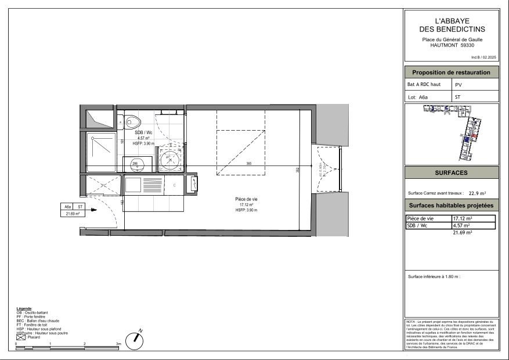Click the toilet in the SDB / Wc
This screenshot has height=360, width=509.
pos(133,122)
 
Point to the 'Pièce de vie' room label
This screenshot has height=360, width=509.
pos(246,199)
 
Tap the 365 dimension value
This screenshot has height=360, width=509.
pos(248,163)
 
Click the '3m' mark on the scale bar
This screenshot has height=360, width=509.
pos(118,344)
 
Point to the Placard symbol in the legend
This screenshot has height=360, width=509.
pos(21,337)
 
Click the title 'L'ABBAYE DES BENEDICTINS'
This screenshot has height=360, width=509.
pos(452,25)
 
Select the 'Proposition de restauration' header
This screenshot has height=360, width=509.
pos(451,73)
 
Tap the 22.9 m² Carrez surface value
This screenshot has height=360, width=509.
pos(477,193)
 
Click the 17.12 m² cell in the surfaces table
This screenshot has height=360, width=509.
pos(462,218)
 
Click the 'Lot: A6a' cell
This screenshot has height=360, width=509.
pos(428,98)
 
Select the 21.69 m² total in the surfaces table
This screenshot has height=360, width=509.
pos(462,232)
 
